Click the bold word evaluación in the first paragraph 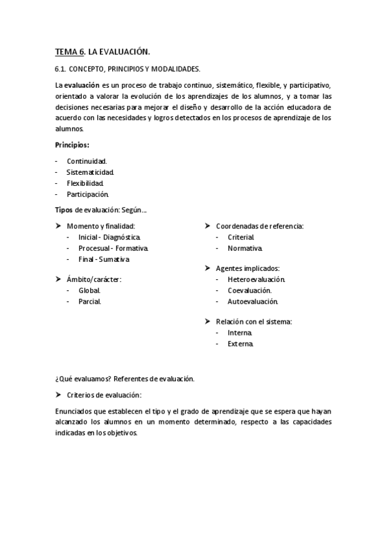[x=82, y=85]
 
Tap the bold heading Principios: [x=72, y=145]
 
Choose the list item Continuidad [x=87, y=161]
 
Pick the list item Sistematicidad [x=90, y=172]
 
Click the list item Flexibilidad [x=85, y=183]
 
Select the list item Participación [x=88, y=194]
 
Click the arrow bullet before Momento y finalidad [x=58, y=226]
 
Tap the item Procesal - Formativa [x=113, y=248]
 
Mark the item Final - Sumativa [x=104, y=259]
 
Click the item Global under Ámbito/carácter [x=90, y=290]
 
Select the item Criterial [x=240, y=237]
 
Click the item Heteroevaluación [x=256, y=279]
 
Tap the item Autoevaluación [x=253, y=301]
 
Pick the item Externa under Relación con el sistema [x=240, y=344]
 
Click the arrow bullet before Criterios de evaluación [x=58, y=394]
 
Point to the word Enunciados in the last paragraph [x=75, y=411]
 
